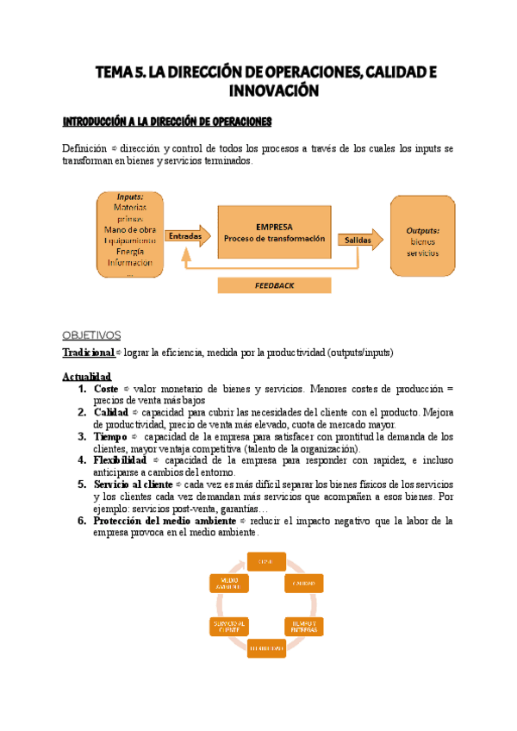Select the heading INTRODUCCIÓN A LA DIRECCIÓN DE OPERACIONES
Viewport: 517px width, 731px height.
point(167,121)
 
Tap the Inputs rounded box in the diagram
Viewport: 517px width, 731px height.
point(130,234)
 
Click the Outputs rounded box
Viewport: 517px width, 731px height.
point(422,235)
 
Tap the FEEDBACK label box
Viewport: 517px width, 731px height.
point(274,285)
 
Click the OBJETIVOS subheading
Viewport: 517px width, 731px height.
point(91,334)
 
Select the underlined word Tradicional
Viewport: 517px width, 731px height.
point(88,353)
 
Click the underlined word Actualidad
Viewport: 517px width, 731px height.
point(87,377)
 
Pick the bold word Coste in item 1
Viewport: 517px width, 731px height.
point(106,389)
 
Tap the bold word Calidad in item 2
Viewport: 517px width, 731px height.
point(111,412)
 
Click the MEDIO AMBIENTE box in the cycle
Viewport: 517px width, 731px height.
point(228,584)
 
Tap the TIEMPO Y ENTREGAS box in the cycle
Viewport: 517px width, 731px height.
point(303,626)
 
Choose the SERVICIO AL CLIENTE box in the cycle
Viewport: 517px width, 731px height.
point(228,626)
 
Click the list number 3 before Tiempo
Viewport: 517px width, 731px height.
point(82,436)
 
